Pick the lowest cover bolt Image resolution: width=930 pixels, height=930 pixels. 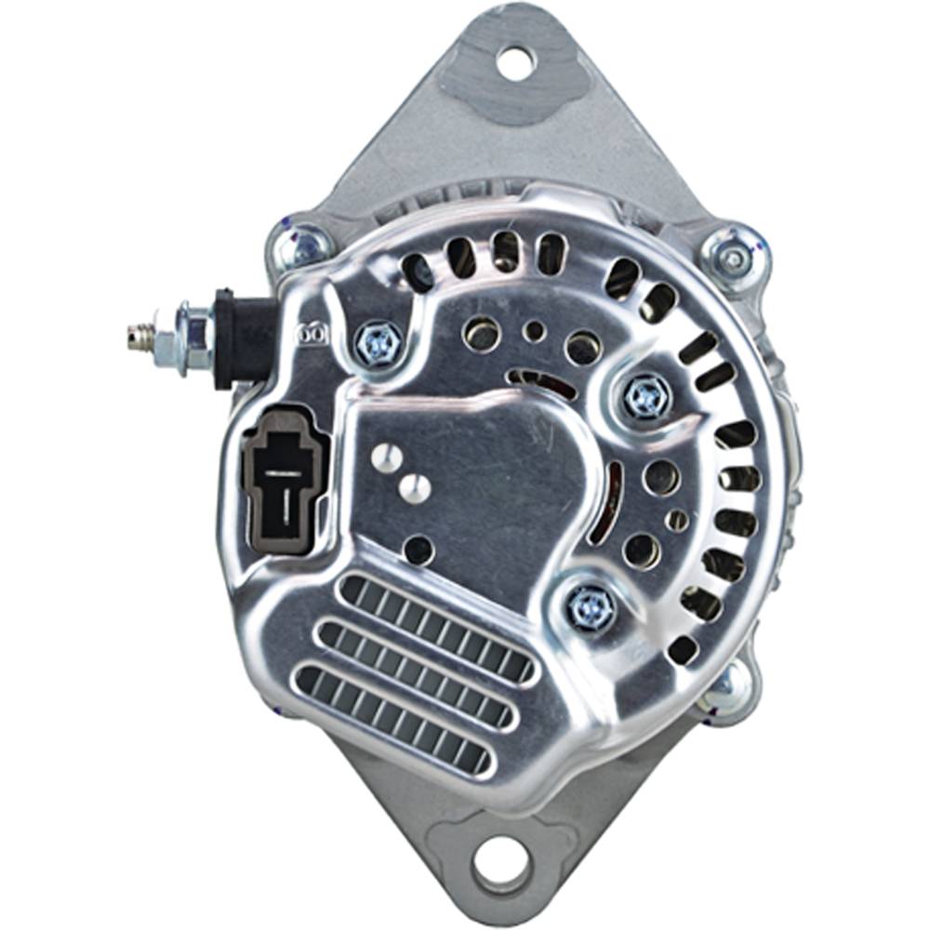pyautogui.click(x=591, y=608)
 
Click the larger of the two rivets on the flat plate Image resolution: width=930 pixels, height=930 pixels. pyautogui.click(x=387, y=458)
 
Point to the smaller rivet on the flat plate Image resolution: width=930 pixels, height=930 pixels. pyautogui.click(x=415, y=486)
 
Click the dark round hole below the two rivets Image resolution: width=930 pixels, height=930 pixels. pyautogui.click(x=419, y=549)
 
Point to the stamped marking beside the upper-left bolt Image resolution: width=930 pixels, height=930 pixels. pyautogui.click(x=312, y=330)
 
